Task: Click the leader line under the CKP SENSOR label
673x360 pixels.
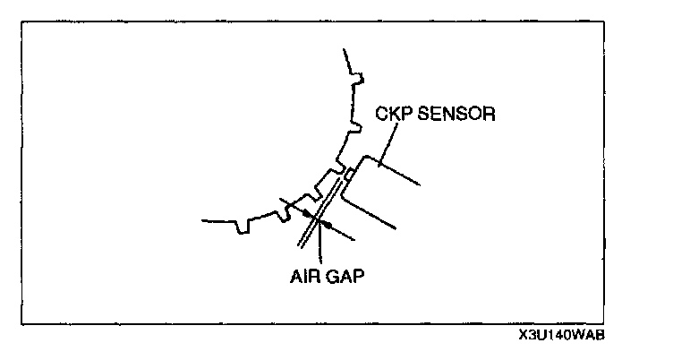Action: (384, 143)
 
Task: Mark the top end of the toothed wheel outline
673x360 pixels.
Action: (345, 51)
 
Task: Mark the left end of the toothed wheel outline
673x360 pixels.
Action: (204, 219)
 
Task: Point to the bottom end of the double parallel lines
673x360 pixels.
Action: (300, 246)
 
